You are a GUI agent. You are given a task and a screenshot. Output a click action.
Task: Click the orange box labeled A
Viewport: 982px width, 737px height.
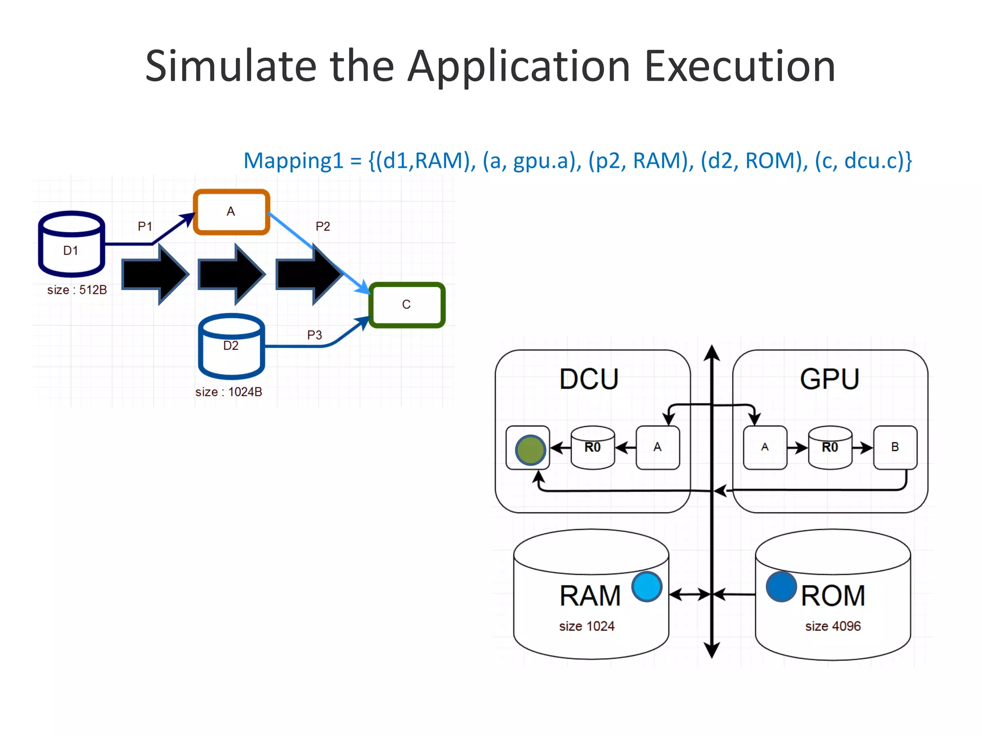[x=231, y=212]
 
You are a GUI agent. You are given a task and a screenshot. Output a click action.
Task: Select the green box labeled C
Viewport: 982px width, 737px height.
[x=407, y=305]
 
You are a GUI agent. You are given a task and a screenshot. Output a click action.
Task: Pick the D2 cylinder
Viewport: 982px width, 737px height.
[x=231, y=346]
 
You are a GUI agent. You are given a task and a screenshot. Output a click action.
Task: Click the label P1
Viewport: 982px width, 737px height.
[x=145, y=226]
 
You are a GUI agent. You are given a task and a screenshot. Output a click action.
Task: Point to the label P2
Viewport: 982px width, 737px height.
[x=323, y=226]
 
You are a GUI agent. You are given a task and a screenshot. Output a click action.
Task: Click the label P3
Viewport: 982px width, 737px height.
[x=315, y=335]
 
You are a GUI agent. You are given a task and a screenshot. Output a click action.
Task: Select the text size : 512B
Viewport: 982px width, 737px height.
[x=77, y=290]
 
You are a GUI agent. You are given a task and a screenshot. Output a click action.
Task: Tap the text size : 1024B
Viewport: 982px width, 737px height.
[x=229, y=392]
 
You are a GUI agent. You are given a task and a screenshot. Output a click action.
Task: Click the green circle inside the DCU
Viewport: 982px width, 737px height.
[x=530, y=450]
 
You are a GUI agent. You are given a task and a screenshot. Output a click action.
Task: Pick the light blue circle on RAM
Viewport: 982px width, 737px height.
[x=647, y=586]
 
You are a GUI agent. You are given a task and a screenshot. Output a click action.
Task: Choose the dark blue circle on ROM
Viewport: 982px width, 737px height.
[x=781, y=586]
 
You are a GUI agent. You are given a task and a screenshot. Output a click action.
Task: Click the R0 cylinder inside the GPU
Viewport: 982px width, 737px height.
[x=830, y=447]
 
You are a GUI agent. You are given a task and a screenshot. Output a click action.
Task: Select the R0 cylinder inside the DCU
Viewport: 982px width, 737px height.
[x=593, y=447]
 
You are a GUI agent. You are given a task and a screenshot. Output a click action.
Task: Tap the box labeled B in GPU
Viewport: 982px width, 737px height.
[x=895, y=447]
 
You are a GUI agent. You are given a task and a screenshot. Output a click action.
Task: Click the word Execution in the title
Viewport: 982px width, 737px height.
[x=740, y=66]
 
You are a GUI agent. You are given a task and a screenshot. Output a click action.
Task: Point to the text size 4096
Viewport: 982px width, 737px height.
[x=833, y=626]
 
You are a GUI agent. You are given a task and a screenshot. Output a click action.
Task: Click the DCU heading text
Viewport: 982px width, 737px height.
[x=589, y=379]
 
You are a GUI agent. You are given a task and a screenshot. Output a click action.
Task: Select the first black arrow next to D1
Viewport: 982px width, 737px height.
[x=155, y=274]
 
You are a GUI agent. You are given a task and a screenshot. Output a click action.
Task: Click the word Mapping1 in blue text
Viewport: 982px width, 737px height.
[x=293, y=161]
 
